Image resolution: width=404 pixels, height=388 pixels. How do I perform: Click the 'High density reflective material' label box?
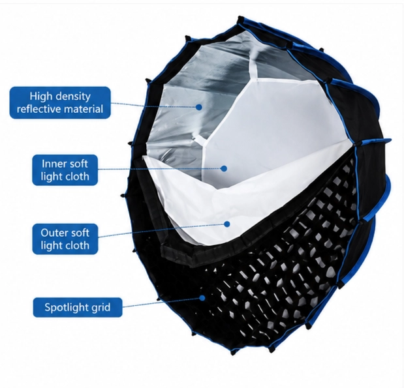pos(60,103)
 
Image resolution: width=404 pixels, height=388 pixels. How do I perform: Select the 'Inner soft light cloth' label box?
pos(65,170)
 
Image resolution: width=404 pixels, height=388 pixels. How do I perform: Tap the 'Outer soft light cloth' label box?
pos(65,239)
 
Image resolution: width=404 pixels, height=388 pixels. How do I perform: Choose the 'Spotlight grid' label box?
pos(78,307)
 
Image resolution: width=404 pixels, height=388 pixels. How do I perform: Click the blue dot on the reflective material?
pos(199,107)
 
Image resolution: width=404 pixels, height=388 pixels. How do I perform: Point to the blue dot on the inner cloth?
pos(224,169)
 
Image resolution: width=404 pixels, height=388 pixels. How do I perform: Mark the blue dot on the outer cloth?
pos(227,224)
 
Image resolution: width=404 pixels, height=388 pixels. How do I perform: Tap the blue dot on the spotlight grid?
pos(202,298)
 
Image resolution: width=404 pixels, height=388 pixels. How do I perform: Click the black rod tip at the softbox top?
pos(241,20)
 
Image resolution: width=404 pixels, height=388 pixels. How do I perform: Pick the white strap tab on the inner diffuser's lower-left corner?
pos(200,139)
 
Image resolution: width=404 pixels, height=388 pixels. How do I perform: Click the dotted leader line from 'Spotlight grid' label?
pos(161,303)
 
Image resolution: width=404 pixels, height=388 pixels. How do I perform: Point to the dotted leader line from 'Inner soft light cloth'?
pos(159,169)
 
